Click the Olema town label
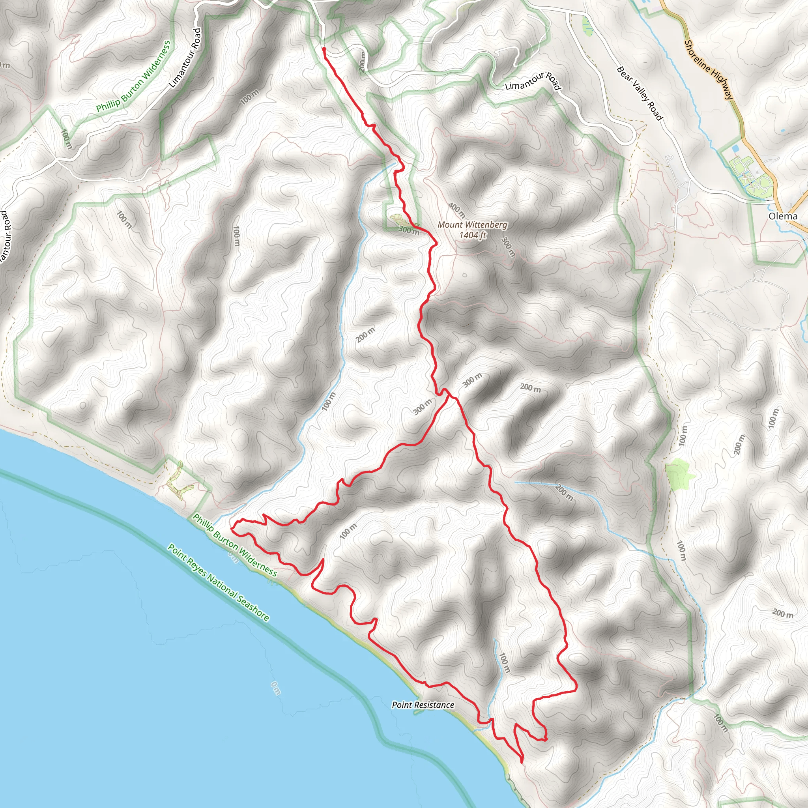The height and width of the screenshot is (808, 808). (783, 216)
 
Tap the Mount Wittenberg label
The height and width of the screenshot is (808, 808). (472, 224)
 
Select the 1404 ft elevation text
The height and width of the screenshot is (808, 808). (472, 235)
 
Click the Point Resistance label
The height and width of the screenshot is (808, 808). (423, 705)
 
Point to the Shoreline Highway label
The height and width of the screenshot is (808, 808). (709, 69)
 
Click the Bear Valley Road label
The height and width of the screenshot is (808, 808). (640, 93)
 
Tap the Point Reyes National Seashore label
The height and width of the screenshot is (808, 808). (218, 583)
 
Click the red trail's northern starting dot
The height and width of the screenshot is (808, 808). (324, 49)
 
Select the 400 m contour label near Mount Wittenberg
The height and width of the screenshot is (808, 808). (457, 210)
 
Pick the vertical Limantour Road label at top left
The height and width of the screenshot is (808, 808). (185, 58)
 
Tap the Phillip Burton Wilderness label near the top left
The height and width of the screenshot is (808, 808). (133, 76)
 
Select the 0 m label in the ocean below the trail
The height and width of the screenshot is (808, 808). (275, 688)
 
